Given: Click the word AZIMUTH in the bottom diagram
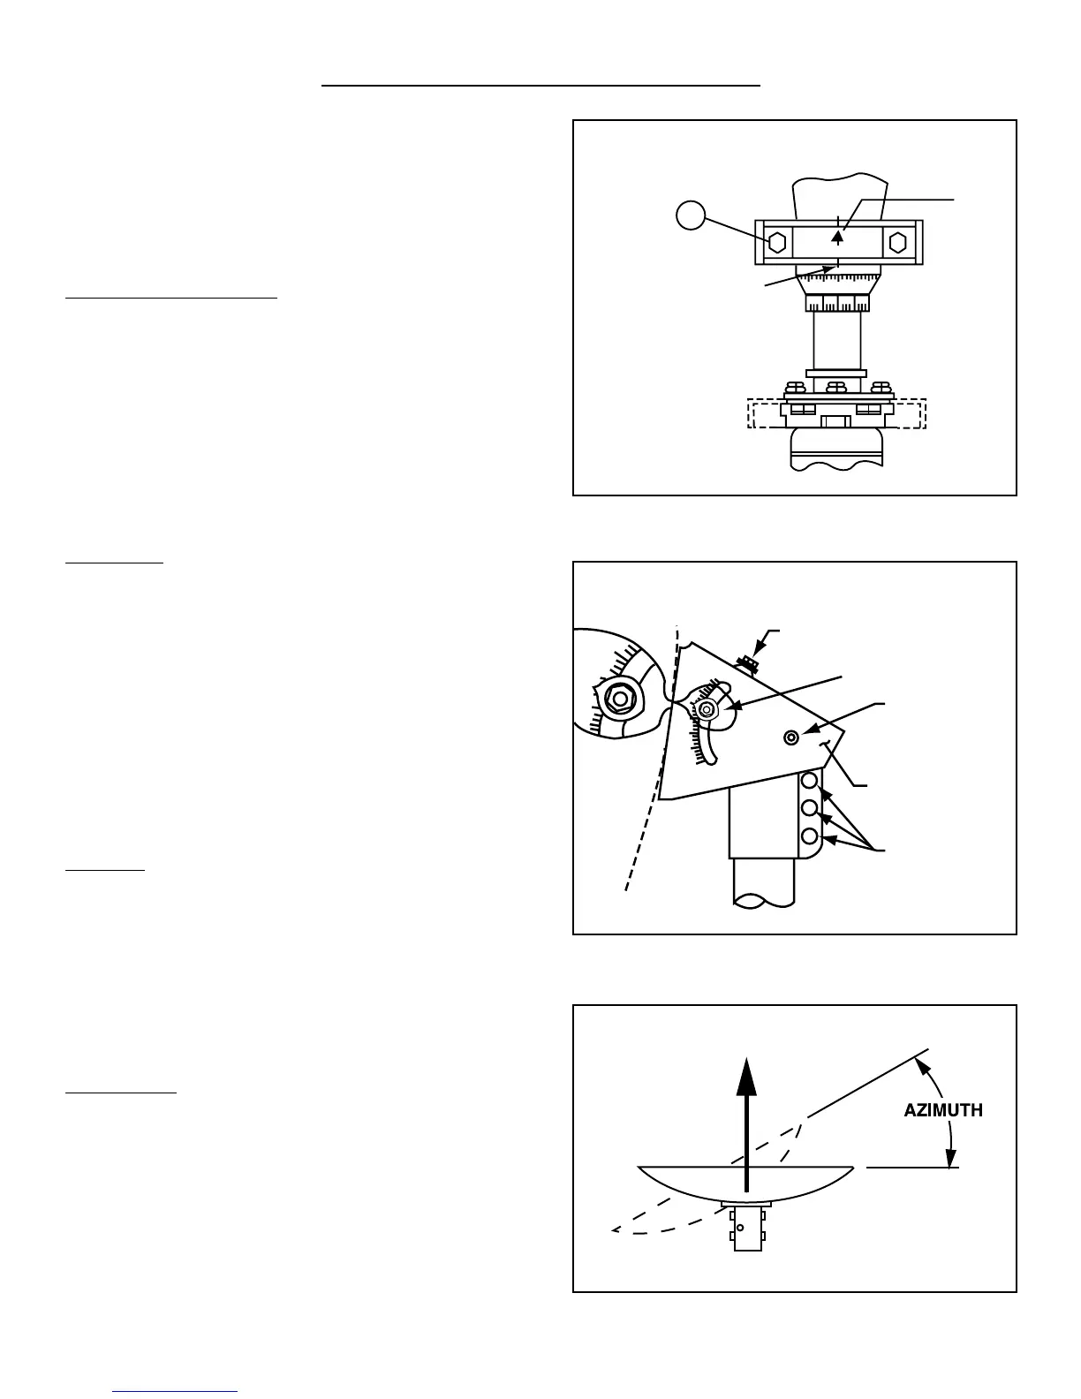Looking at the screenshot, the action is pos(942,1110).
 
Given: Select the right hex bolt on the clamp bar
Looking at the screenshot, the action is pos(897,242).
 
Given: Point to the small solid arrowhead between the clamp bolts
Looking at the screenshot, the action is pos(838,235).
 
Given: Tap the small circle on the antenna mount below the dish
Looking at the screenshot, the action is pos(740,1227).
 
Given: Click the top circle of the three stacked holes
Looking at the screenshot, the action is pos(809,781).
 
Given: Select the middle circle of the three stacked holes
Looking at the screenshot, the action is pos(809,808).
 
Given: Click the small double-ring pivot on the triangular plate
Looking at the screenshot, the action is pos(791,737).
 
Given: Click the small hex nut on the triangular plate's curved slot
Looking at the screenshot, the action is pos(706,708).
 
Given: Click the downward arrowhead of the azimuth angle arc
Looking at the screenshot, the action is pos(951,1160).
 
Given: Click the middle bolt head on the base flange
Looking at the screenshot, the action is pos(836,387).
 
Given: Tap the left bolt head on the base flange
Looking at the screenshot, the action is pos(794,387).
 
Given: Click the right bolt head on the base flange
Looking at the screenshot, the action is pos(880,387).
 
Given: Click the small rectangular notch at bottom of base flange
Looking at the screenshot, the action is pos(835,420).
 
